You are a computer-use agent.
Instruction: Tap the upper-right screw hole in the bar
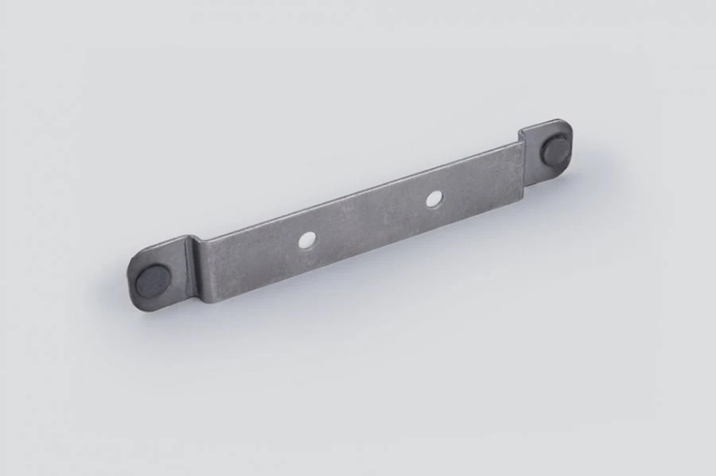click(433, 199)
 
